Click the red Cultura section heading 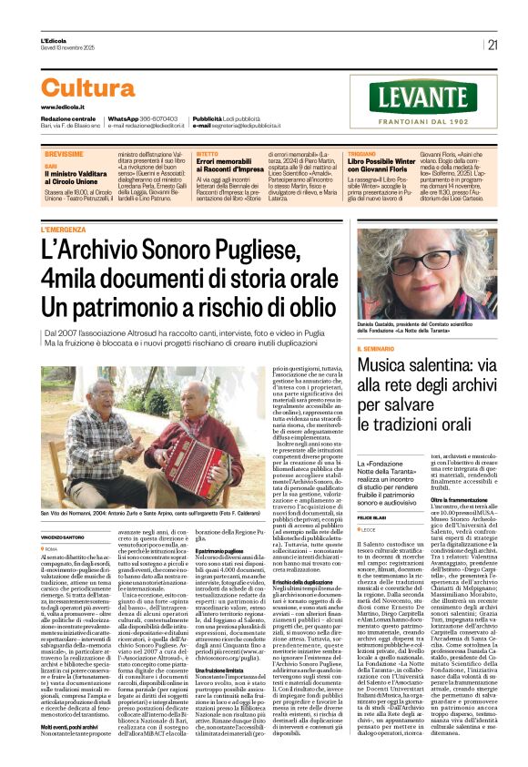point(88,87)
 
